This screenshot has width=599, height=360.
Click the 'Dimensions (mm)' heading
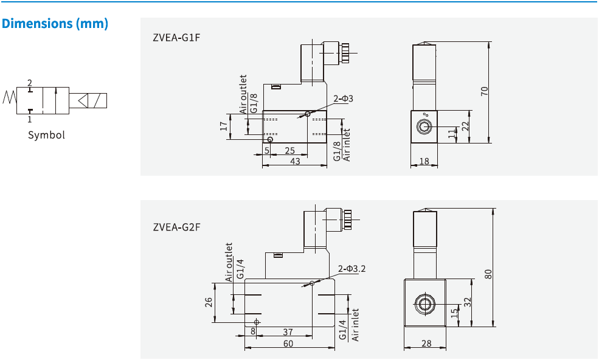click(x=55, y=24)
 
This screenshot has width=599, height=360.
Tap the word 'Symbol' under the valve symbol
click(x=46, y=135)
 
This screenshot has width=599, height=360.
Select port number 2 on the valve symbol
click(x=29, y=82)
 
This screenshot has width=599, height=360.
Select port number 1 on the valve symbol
click(x=29, y=119)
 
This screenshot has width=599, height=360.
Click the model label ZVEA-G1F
click(x=176, y=38)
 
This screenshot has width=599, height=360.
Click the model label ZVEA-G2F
click(x=176, y=227)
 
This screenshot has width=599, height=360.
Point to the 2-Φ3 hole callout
click(x=343, y=99)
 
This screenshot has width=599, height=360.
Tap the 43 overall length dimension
click(x=295, y=161)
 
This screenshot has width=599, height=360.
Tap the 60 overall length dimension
click(x=288, y=344)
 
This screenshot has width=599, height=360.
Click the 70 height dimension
click(x=484, y=91)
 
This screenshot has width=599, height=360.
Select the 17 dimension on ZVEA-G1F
click(x=224, y=126)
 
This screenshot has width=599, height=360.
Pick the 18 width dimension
click(x=424, y=161)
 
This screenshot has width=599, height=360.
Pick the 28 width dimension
click(x=426, y=344)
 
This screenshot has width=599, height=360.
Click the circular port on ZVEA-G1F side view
click(x=423, y=126)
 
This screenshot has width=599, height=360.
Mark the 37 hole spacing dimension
click(x=288, y=332)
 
